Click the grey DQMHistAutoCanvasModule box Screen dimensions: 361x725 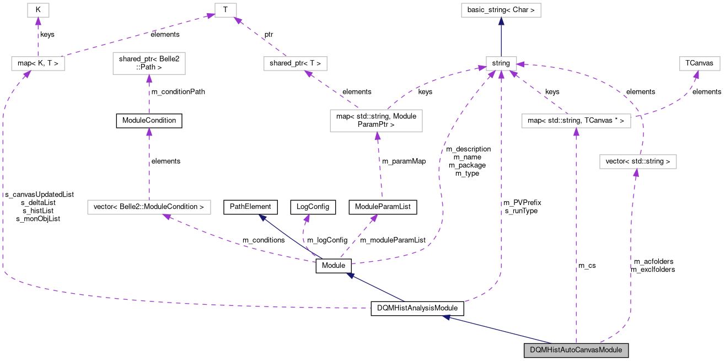[x=576, y=350]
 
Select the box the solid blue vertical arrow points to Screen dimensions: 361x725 [x=501, y=10]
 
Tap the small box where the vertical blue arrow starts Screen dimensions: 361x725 [x=501, y=63]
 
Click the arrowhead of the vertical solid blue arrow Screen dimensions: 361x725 [x=501, y=21]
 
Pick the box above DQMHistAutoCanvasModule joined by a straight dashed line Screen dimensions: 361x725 [x=576, y=121]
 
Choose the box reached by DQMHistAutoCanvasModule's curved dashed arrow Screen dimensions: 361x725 [x=637, y=161]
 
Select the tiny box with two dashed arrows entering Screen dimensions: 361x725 [x=225, y=10]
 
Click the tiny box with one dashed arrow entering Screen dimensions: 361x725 [x=38, y=10]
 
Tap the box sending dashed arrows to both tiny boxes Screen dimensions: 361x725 [x=37, y=63]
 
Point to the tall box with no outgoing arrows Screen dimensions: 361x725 [x=149, y=63]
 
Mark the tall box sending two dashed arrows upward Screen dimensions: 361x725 [x=376, y=121]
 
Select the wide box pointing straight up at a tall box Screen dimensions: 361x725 [x=149, y=207]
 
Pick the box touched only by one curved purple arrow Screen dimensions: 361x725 [x=699, y=63]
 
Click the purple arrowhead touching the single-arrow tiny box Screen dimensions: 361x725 [x=38, y=21]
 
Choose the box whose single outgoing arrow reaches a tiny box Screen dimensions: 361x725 [x=295, y=63]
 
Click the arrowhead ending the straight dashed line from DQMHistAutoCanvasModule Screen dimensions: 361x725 [x=576, y=132]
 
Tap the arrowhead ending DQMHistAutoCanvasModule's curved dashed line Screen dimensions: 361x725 [x=636, y=173]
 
